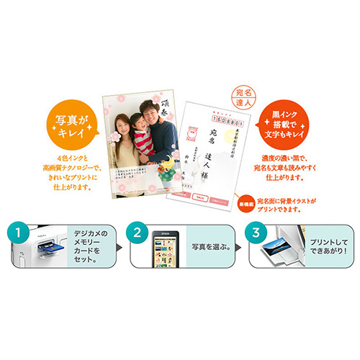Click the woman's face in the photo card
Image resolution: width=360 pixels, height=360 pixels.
[124, 117]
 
